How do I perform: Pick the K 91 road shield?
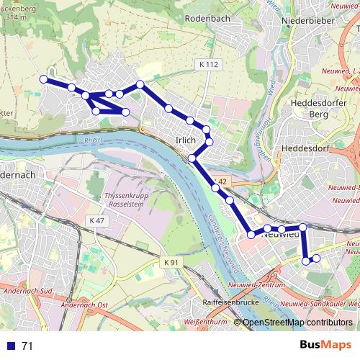pos(171,263)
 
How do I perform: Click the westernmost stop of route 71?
pos(43,78)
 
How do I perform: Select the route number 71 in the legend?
pos(28,346)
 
